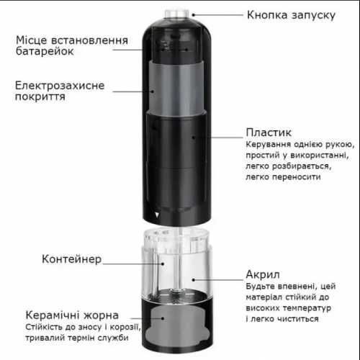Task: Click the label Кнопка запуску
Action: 290,14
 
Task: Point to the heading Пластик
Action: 268,133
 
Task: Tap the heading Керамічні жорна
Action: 71,315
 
